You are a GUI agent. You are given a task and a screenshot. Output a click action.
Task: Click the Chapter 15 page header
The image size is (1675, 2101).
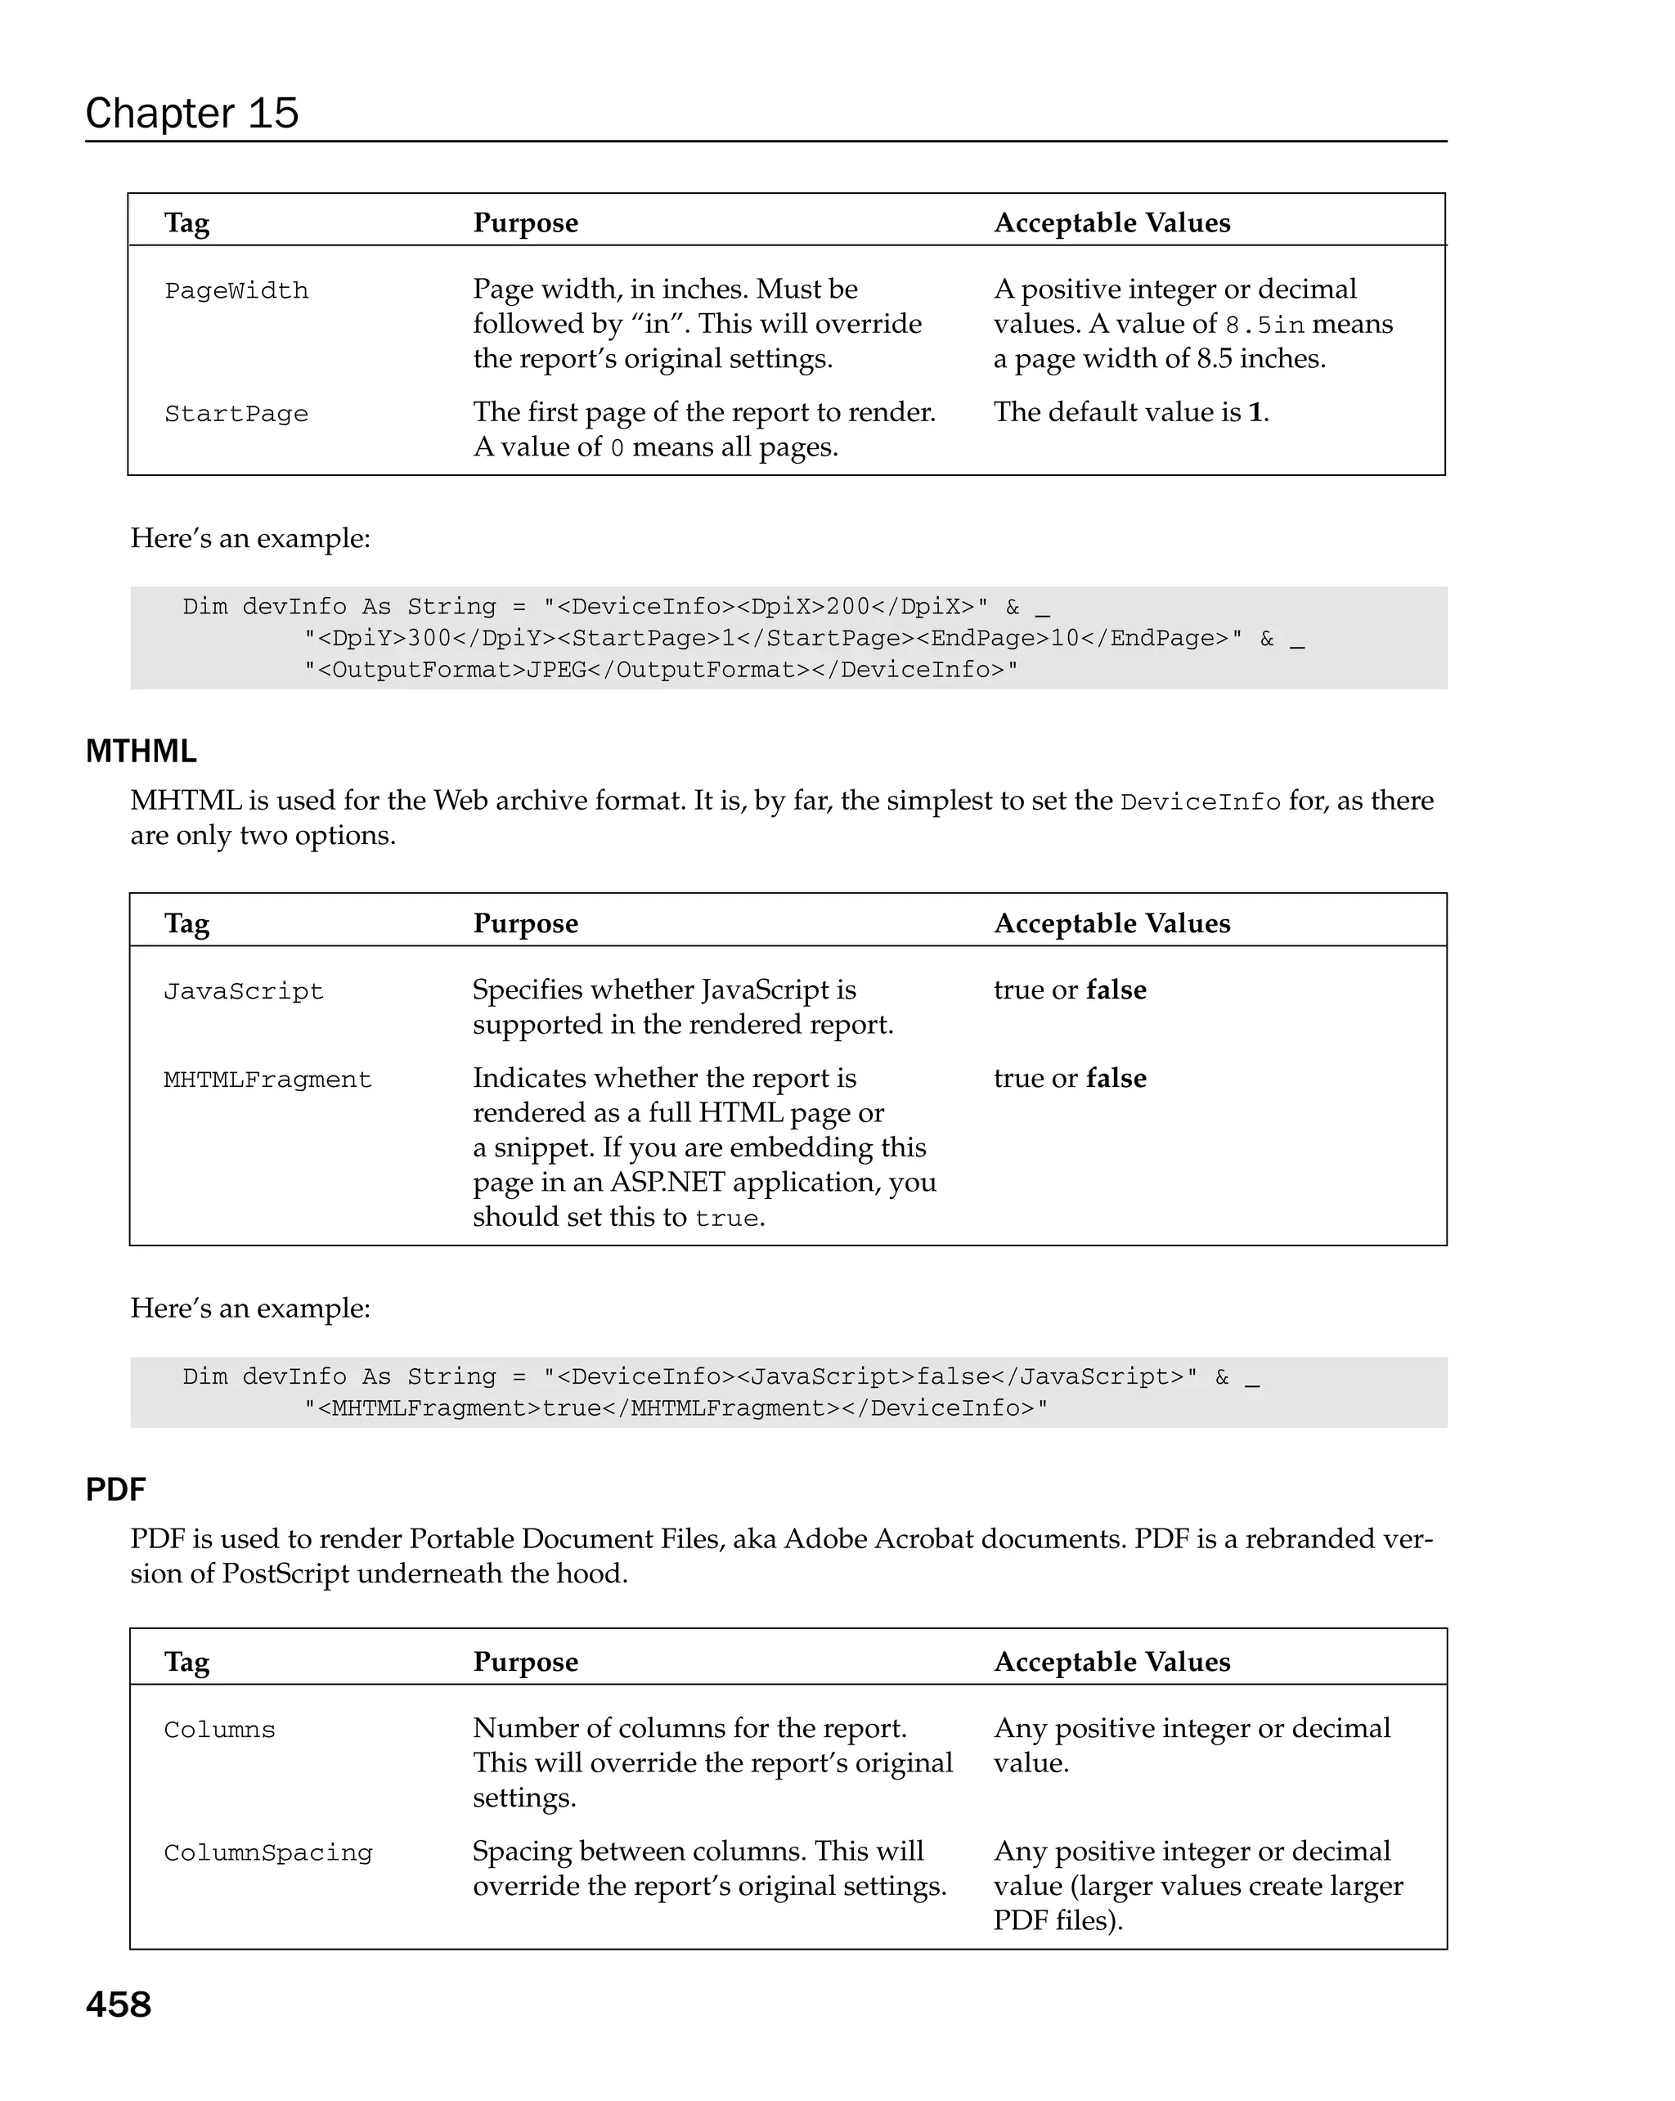(x=191, y=113)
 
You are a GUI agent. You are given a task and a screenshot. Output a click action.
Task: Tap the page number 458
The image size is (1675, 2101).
(x=118, y=2004)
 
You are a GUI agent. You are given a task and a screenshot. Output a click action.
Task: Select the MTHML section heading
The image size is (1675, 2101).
(x=141, y=752)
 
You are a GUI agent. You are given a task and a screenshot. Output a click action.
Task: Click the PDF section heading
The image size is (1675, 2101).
(x=115, y=1489)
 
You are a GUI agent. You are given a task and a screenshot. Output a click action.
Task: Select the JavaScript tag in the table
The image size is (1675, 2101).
(x=243, y=991)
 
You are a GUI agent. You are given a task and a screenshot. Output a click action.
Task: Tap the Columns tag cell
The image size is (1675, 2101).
(x=219, y=1730)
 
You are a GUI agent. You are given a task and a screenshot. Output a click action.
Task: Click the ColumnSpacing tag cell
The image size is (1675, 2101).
(x=268, y=1852)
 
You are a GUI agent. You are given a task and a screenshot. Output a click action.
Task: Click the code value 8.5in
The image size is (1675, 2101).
(x=1264, y=325)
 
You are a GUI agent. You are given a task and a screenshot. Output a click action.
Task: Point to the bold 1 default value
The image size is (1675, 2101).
(x=1255, y=412)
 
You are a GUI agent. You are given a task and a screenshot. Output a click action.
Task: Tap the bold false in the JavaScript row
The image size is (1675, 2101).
(x=1116, y=990)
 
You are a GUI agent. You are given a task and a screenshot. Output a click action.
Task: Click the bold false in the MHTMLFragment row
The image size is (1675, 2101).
(x=1116, y=1079)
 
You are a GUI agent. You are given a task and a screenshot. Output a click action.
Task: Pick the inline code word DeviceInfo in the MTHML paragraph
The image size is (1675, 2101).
(x=1200, y=802)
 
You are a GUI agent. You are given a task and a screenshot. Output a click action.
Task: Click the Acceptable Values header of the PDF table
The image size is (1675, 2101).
(x=1111, y=1662)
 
